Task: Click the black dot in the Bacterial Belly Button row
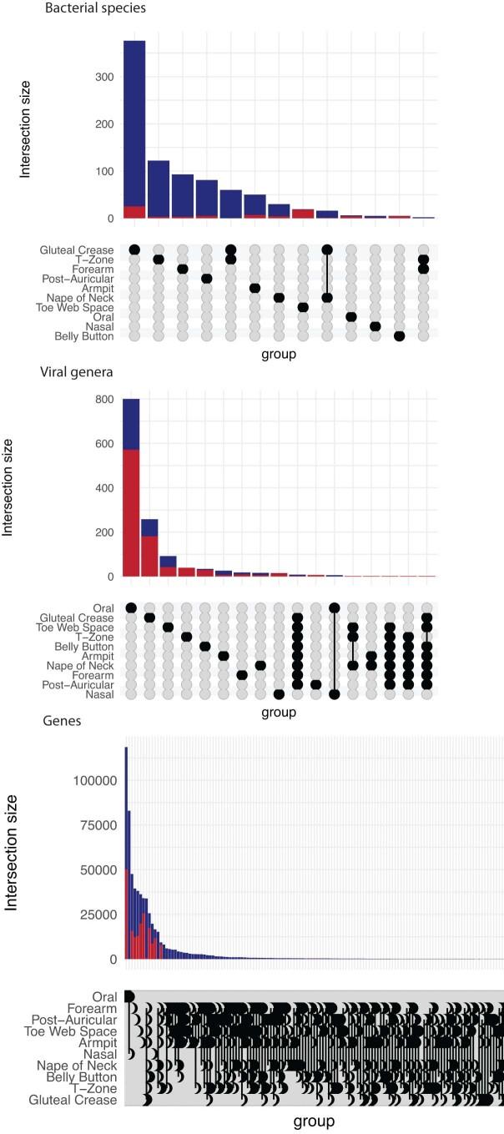pos(399,336)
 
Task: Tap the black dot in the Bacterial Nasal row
pos(375,326)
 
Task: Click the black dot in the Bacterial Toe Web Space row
pos(303,307)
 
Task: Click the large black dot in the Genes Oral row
pos(129,995)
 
